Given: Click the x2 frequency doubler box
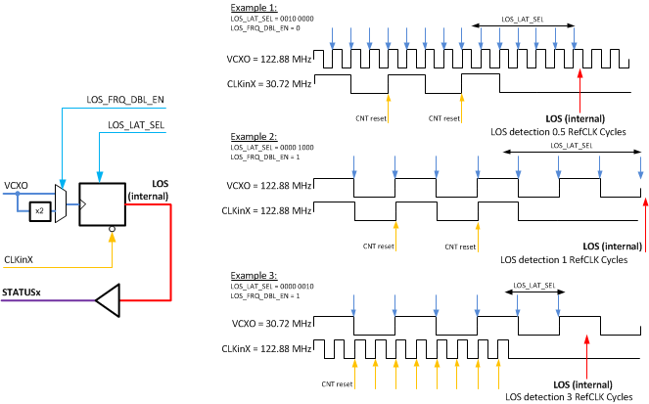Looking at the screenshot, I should click(x=38, y=210).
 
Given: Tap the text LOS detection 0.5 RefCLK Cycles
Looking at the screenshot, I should click(x=559, y=131).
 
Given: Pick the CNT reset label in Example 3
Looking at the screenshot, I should click(x=337, y=384).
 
